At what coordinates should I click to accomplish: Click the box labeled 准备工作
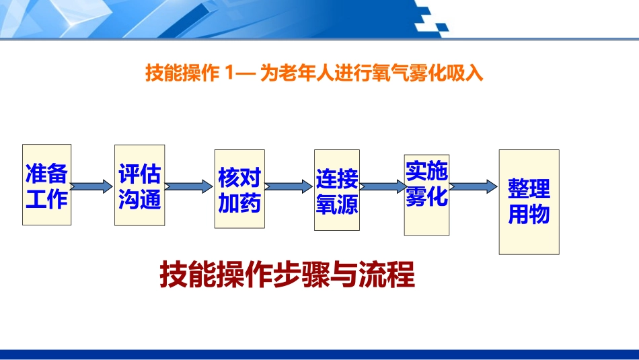(x=46, y=184)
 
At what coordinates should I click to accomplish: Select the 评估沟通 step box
(x=140, y=185)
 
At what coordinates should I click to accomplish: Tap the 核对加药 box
(x=239, y=189)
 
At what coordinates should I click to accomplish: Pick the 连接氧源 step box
(x=337, y=190)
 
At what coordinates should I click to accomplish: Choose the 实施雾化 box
(x=426, y=194)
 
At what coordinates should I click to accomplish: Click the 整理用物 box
(x=529, y=202)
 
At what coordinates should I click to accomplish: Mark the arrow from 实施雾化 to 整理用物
(x=473, y=186)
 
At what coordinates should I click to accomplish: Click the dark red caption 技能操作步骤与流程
(x=287, y=275)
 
